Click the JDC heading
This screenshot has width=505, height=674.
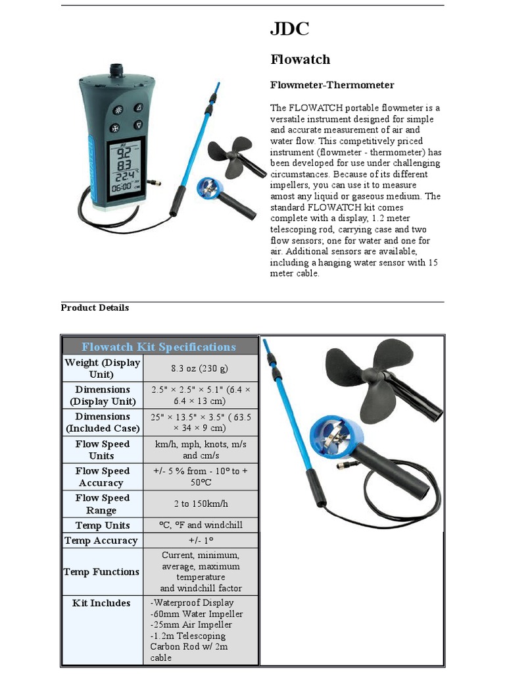tap(289, 29)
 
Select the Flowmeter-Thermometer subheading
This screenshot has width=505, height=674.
tap(332, 85)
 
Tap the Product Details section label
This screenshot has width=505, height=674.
tap(95, 307)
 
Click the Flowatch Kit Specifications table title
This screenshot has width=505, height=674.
tap(158, 347)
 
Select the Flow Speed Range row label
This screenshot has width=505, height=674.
tap(102, 504)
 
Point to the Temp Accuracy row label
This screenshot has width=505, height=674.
tap(101, 540)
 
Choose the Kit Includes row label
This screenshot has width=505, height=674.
tap(101, 603)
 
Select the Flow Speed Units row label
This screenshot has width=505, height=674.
tap(102, 450)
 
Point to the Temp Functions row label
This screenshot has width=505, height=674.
tap(101, 572)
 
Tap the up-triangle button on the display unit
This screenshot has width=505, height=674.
tap(139, 108)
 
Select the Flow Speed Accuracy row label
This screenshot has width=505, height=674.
tap(102, 477)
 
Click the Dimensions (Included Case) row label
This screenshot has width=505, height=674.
tap(102, 422)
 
